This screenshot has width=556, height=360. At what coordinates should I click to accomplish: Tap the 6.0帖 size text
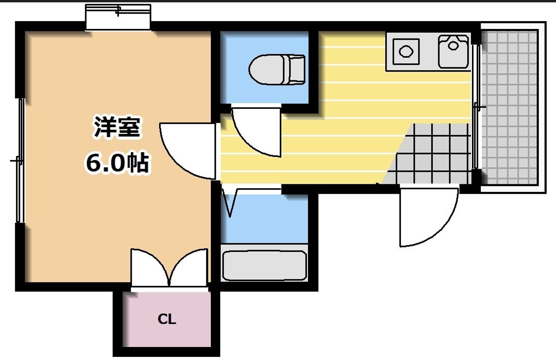pos(117,162)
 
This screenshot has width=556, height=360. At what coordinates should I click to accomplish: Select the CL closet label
pos(167,319)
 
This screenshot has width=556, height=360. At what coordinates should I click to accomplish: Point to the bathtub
pos(264,265)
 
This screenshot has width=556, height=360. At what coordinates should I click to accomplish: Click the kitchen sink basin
pos(453,51)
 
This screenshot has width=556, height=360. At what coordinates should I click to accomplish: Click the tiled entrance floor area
pos(432,157)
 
